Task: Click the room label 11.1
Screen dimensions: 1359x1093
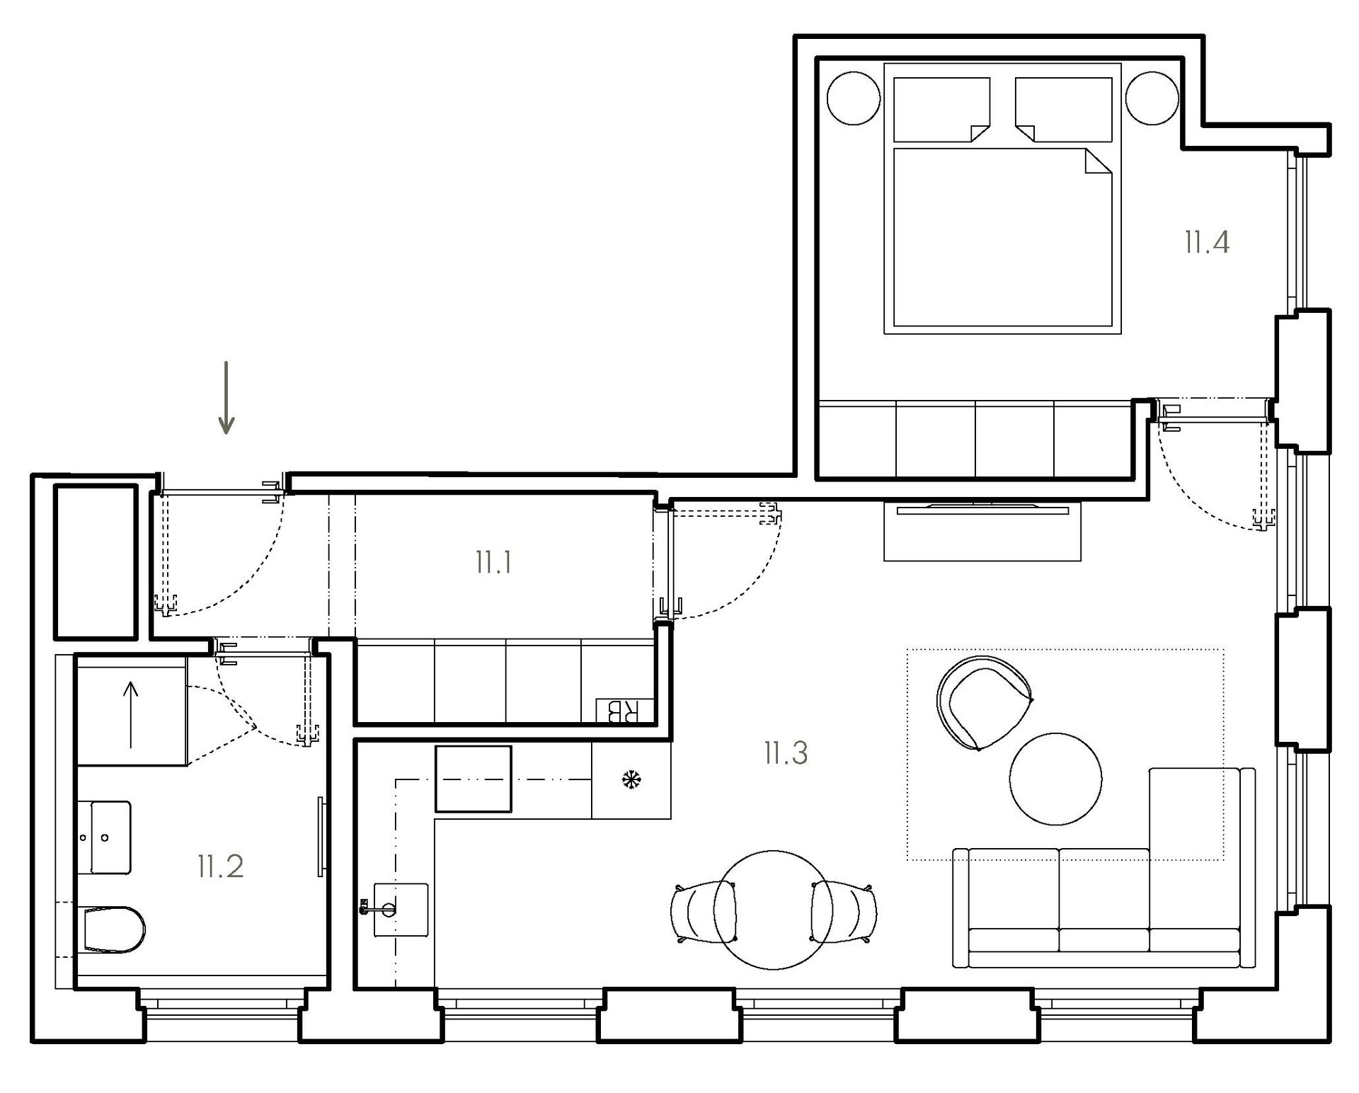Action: pos(493,563)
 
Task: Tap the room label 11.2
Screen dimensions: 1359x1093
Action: pos(221,866)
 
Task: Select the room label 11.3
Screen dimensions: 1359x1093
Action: pos(786,753)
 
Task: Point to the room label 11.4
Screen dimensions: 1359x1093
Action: pos(1207,242)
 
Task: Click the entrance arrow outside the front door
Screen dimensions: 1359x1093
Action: pos(226,397)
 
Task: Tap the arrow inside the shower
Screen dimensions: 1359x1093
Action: pos(131,714)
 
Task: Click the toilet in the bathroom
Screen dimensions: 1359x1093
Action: pos(113,929)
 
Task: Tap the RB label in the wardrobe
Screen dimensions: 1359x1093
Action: pos(619,711)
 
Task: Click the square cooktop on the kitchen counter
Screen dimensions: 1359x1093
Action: pos(473,779)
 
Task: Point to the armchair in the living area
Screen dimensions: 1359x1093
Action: pos(981,702)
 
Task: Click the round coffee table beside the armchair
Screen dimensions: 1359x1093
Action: pos(1055,779)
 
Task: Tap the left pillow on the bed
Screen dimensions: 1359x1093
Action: pos(942,109)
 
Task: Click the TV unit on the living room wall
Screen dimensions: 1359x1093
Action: pos(982,531)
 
